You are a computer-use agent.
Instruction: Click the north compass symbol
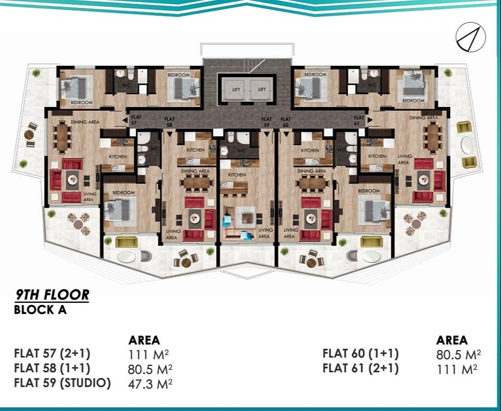coord(470,37)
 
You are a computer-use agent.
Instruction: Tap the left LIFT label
coord(236,90)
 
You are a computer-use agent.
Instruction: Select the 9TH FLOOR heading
coord(52,294)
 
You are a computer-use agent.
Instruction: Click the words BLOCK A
coord(40,310)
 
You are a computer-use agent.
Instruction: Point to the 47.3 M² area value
coord(150,384)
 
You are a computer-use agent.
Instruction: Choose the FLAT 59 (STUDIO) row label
coord(63,383)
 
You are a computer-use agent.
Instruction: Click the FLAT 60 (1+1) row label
coord(361,354)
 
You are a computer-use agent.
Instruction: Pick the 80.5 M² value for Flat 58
coord(150,369)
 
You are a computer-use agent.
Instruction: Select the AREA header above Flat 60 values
coord(452,340)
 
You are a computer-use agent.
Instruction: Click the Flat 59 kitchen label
coord(237,175)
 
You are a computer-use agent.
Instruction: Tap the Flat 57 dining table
coord(63,136)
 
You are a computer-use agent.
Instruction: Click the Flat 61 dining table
coord(433,136)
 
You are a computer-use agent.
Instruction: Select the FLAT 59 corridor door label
coord(267,122)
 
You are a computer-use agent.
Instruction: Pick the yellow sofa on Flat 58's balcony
coord(126,242)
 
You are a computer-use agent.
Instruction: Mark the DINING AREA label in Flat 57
coord(85,122)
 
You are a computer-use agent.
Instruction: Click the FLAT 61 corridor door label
coord(359,120)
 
